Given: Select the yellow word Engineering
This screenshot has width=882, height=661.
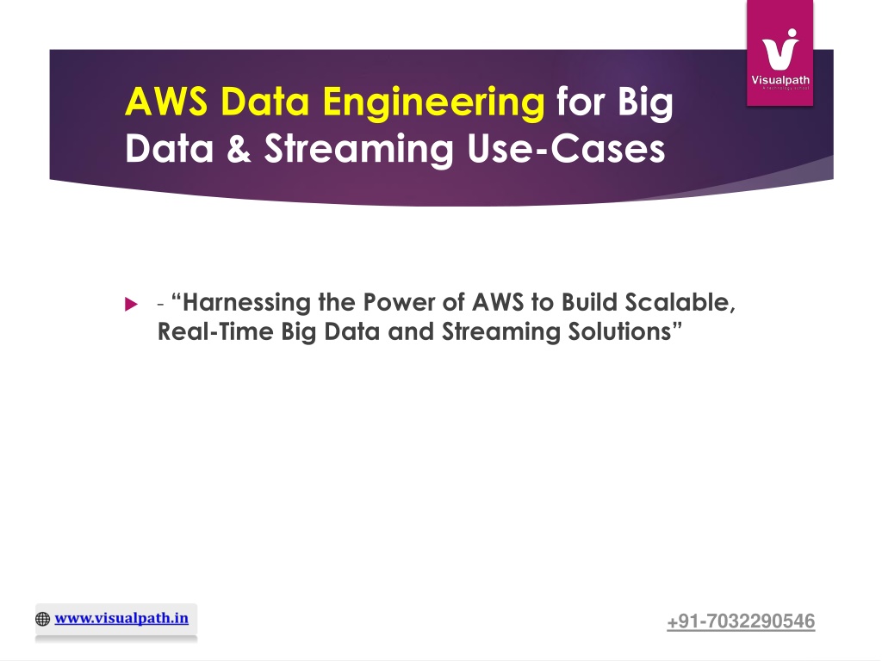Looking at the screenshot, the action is click(433, 104).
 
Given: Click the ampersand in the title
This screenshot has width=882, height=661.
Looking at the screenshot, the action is click(239, 148).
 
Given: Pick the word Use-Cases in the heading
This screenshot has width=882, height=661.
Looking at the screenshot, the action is click(566, 148).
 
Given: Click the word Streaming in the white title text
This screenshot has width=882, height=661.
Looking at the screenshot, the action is click(358, 150).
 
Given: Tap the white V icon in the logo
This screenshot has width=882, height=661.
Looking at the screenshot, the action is click(780, 49).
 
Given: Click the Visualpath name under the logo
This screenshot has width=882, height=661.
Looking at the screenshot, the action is click(780, 80).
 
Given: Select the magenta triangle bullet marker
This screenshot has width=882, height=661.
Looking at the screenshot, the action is click(131, 304).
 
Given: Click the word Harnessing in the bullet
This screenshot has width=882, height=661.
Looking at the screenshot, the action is click(246, 303).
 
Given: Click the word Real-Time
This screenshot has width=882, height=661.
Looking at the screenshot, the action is click(215, 331).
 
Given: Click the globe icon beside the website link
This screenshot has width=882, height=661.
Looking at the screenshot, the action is click(43, 619).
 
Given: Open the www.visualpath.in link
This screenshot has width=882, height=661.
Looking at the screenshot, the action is click(121, 618).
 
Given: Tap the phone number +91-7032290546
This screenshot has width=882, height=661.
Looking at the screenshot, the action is click(741, 621).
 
